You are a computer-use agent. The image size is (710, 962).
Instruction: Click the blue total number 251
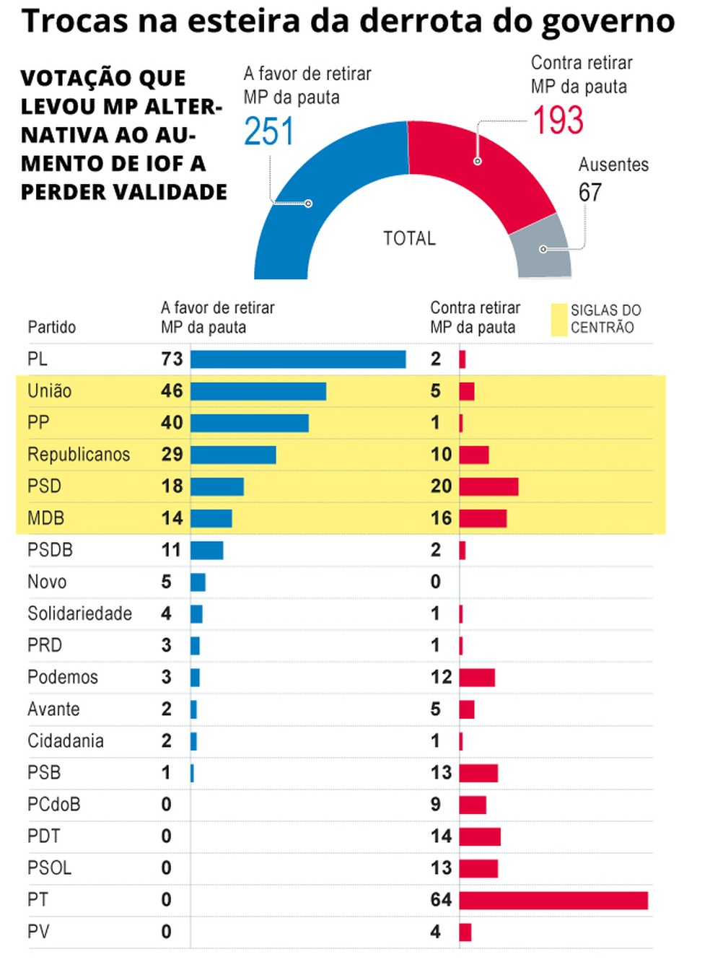(269, 131)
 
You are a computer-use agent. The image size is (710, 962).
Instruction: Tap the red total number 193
(558, 121)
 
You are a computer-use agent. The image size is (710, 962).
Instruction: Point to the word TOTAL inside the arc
(409, 238)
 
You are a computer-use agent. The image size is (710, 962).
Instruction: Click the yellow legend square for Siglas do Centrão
(558, 320)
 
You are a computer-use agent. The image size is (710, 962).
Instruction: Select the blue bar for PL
(298, 359)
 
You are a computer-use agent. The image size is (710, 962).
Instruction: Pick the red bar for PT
(553, 900)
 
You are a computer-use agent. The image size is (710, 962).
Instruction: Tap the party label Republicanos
(79, 455)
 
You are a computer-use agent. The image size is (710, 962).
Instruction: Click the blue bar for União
(258, 391)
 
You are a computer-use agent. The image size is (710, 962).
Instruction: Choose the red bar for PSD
(488, 486)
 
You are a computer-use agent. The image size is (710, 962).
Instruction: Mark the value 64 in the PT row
(441, 900)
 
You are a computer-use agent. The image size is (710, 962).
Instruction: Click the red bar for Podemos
(477, 678)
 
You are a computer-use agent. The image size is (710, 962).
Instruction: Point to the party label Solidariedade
(79, 613)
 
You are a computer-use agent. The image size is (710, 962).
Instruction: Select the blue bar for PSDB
(207, 550)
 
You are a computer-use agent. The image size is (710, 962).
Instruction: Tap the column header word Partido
(51, 327)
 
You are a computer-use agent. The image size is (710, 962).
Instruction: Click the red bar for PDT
(480, 836)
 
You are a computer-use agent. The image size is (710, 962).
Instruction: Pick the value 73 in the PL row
(172, 359)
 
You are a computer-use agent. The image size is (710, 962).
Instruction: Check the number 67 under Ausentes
(590, 193)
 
